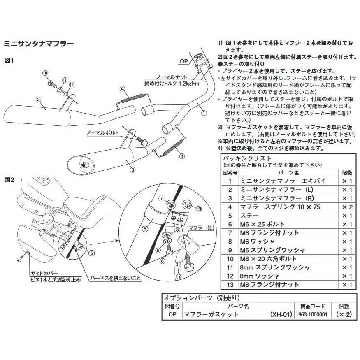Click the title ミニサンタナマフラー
point(39,43)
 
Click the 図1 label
point(9,60)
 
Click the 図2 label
point(9,180)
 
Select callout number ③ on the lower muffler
point(133,169)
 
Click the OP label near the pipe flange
point(184,61)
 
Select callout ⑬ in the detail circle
point(199,209)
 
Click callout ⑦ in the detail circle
point(161,199)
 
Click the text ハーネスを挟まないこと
point(117,278)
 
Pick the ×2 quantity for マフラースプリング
point(347,207)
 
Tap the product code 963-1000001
point(313,314)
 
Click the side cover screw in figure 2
point(19,259)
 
